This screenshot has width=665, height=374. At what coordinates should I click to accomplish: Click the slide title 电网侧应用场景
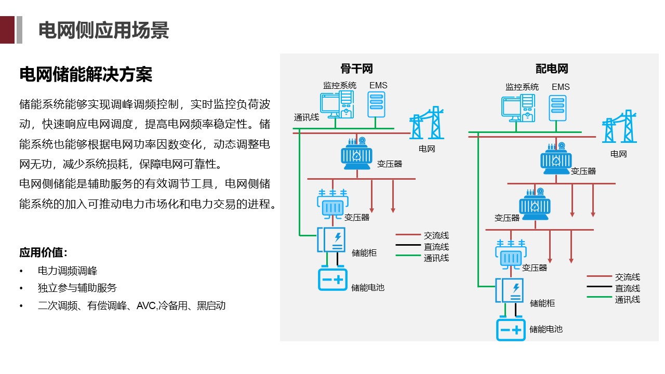click(104, 30)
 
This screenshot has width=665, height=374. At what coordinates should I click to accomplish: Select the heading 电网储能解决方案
click(86, 74)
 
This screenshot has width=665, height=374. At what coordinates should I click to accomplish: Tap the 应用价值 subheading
click(44, 253)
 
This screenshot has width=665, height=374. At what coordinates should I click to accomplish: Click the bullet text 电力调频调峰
click(68, 271)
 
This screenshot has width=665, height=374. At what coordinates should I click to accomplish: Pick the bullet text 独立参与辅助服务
click(77, 288)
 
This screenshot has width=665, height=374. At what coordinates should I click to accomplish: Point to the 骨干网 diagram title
click(356, 69)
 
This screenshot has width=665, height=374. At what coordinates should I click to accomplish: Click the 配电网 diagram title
click(552, 69)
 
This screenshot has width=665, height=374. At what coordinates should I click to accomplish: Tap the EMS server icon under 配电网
click(557, 108)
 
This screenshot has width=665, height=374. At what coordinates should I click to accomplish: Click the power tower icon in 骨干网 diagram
click(427, 124)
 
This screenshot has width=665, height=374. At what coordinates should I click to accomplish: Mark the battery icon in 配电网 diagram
click(511, 329)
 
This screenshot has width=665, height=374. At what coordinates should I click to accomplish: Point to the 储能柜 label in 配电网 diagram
click(542, 303)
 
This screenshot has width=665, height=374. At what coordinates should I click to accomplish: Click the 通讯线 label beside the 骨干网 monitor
click(306, 117)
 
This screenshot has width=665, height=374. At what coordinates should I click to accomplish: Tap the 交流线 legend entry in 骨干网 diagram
click(436, 236)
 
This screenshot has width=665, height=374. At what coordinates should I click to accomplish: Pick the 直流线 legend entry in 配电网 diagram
click(627, 288)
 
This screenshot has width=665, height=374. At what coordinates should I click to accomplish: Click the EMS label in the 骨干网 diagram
click(378, 85)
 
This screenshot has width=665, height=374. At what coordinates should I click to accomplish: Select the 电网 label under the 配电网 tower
click(618, 154)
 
